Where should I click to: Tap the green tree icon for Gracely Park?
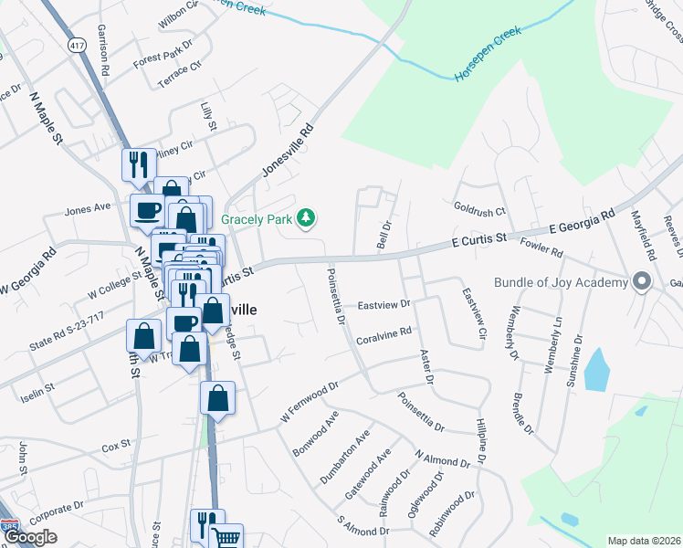click(x=309, y=217)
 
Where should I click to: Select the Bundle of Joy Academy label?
click(x=562, y=282)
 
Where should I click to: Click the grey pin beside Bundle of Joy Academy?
click(x=643, y=282)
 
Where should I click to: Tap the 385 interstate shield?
click(x=7, y=527)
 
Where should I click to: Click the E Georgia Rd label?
click(x=581, y=226)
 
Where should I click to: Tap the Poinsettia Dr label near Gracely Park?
click(x=335, y=297)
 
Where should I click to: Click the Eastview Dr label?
click(x=384, y=304)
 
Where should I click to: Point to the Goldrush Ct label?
click(x=479, y=210)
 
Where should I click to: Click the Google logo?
click(x=32, y=537)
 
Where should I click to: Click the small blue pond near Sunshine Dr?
click(x=595, y=368)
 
